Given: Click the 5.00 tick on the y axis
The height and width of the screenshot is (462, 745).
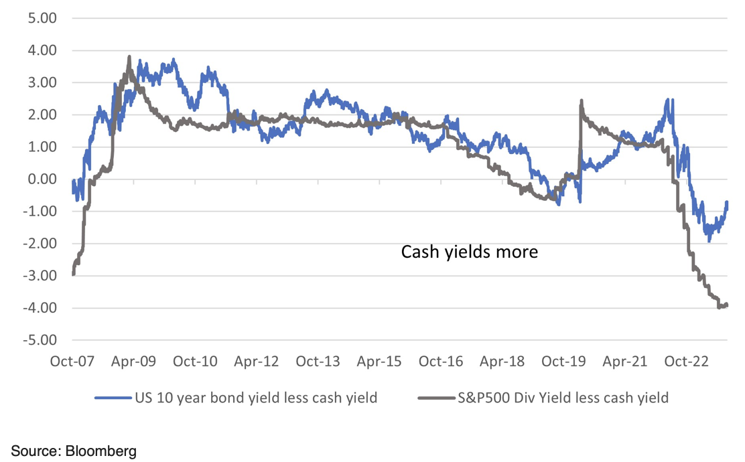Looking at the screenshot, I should point(38,18).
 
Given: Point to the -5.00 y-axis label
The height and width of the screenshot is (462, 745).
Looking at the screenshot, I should point(36,340).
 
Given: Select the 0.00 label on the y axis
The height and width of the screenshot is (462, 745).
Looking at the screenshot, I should point(38,179).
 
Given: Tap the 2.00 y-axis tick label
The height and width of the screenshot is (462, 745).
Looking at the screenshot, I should point(38,115).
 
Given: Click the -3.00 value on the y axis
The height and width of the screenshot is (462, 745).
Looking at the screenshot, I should point(36,276).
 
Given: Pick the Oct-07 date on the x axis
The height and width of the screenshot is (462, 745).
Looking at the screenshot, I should point(72,362).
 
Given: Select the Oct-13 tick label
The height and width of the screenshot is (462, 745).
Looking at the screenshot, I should point(318,362).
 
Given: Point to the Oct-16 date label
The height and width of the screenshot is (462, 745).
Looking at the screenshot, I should point(440,362).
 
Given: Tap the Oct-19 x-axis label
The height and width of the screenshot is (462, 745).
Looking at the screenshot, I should point(563,362).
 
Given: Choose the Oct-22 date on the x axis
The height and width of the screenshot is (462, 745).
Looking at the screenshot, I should point(686,362).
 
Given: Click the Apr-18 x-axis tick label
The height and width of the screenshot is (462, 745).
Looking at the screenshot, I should point(502,362).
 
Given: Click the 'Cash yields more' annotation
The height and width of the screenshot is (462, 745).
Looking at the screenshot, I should point(470,252).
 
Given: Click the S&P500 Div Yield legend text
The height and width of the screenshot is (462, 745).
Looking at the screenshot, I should point(562,398).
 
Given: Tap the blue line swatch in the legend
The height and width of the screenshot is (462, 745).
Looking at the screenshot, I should point(111,398).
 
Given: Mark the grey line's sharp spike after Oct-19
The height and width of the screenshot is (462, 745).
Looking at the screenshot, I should point(581,101).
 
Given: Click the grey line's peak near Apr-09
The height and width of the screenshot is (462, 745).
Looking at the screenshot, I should point(129,58).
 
